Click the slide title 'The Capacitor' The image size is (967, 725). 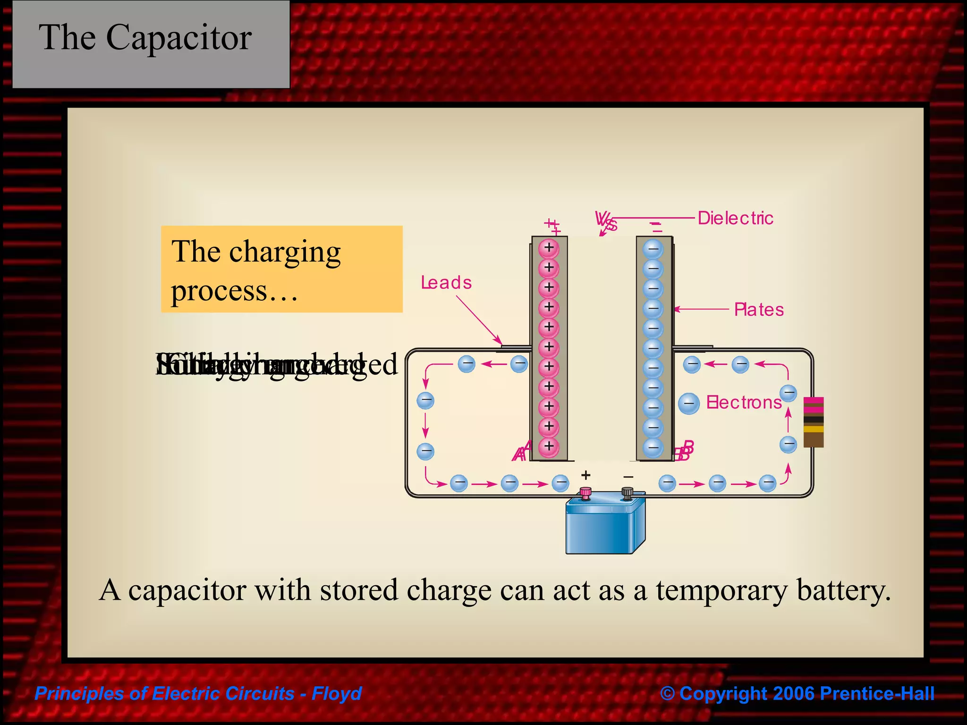[145, 38]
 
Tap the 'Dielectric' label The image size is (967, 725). [735, 219]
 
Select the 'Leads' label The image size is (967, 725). [446, 283]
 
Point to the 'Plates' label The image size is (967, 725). [759, 310]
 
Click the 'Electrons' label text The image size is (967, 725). [744, 403]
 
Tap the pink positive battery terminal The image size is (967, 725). [585, 493]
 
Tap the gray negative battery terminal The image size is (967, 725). [627, 493]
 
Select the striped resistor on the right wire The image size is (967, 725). [813, 422]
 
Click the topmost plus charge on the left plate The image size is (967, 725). [549, 248]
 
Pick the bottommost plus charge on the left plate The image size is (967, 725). [549, 447]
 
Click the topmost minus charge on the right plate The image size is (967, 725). [653, 249]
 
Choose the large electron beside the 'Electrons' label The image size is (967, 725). [688, 404]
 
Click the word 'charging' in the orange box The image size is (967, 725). [285, 253]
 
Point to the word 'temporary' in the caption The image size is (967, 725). [721, 590]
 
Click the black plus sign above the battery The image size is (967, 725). [585, 475]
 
